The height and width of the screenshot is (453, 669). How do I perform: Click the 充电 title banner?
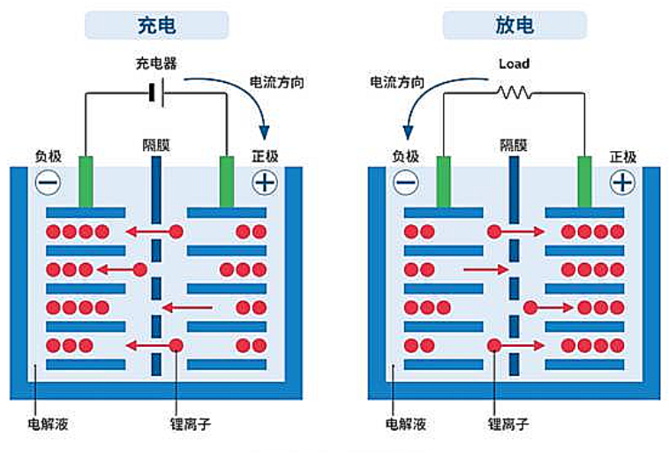coord(156,25)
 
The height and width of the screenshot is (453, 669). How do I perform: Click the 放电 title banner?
coord(514,25)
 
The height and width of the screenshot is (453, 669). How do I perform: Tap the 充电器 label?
coord(155,64)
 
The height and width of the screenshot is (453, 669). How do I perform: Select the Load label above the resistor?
coord(513,64)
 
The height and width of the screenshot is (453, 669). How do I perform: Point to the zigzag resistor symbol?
coord(513,93)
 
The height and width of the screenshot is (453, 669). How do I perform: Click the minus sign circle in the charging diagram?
coord(49,183)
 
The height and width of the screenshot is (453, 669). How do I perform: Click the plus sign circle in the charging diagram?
coord(264,183)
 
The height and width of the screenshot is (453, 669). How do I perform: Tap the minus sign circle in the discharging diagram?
coord(406,183)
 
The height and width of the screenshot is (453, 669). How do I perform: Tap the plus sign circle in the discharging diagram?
coord(623,183)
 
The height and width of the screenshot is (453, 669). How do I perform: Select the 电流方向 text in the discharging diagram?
coord(395,82)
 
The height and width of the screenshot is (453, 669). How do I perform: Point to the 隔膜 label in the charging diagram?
coord(155,144)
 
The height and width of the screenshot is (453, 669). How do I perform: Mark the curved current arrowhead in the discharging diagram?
coord(408,132)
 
